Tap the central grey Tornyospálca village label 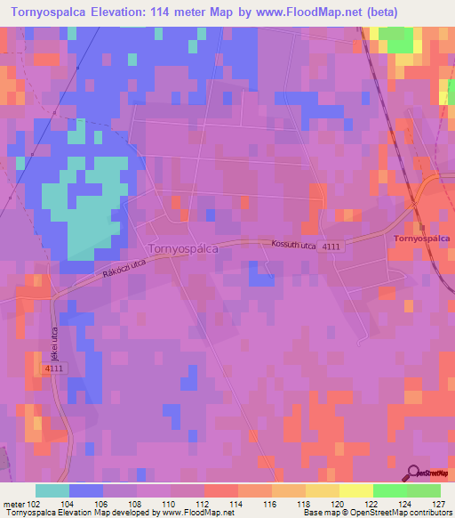tap(183, 249)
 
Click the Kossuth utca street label tap(287, 243)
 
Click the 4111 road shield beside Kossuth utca tap(332, 246)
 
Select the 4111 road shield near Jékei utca tap(55, 367)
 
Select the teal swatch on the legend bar tap(52, 490)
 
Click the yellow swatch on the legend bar tap(355, 490)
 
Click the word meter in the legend tap(12, 503)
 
